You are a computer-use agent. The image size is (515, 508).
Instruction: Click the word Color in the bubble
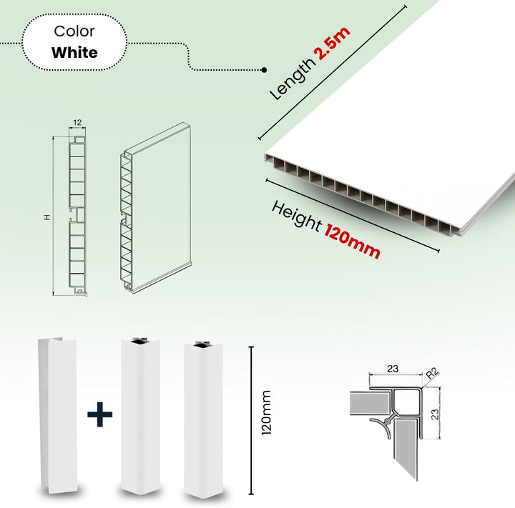point(74,31)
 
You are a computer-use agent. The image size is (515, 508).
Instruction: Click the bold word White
point(74,52)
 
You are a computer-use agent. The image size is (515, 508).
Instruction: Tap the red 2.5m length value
point(333,43)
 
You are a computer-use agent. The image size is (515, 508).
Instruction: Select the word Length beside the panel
point(292,79)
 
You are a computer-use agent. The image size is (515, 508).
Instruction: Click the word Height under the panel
point(296,216)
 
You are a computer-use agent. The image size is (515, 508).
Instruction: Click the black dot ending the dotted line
point(264,70)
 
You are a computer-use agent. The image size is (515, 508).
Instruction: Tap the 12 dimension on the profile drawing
point(77,122)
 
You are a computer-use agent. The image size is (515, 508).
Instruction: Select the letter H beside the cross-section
point(48,217)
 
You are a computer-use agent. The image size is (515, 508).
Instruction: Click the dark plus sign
point(100,414)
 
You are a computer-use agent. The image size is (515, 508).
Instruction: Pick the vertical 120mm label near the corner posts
point(266,413)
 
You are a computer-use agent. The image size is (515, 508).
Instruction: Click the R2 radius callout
point(432,374)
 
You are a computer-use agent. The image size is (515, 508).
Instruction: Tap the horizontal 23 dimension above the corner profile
point(393,369)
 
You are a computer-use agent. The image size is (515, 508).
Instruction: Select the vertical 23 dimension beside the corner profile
point(435,414)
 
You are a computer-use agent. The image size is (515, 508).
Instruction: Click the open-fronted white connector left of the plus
point(58,414)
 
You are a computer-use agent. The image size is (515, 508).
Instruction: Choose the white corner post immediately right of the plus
point(140,415)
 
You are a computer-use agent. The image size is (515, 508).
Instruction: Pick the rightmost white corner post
point(203,419)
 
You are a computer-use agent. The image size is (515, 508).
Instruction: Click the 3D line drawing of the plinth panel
point(155,207)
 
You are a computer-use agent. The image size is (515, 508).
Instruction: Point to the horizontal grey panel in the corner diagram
point(369,403)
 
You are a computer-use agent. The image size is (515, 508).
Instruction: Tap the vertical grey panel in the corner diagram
point(406,447)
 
